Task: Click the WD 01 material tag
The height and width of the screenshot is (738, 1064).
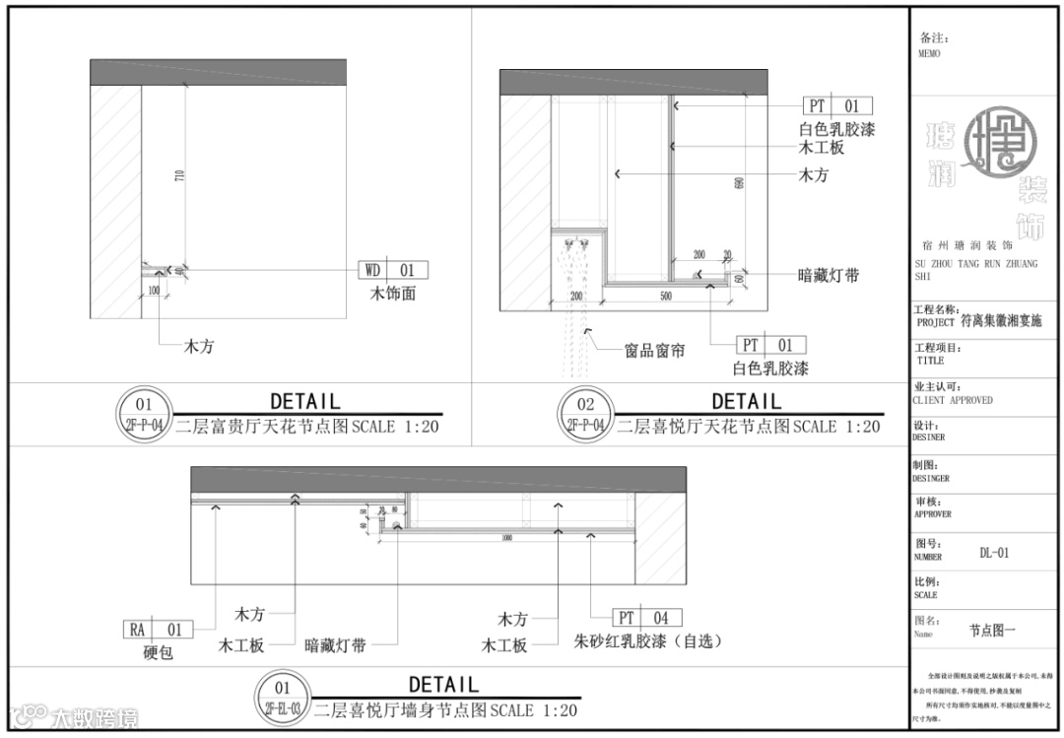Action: coord(392,269)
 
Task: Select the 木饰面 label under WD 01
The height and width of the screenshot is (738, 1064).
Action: coord(392,293)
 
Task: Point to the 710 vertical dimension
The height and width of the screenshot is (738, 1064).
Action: coord(179,176)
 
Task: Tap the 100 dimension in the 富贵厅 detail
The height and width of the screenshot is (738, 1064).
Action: coord(155,290)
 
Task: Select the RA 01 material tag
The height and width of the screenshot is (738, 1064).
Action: coord(157,629)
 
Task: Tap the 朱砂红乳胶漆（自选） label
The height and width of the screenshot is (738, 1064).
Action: coord(648,641)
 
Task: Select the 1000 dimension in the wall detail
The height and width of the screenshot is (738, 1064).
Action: coord(506,538)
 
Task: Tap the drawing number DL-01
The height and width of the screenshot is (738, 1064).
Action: coord(994,553)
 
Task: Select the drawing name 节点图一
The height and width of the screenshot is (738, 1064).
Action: coord(991,630)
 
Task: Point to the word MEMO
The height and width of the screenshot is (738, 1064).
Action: coord(928,54)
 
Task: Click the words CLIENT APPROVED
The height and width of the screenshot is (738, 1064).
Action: coord(954,400)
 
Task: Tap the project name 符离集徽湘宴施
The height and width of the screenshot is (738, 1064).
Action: coord(1001,321)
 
